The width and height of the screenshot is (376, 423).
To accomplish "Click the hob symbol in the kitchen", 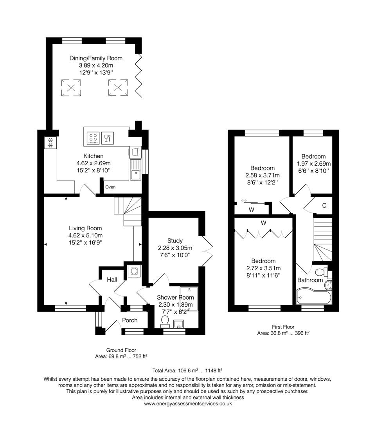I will click(93, 137).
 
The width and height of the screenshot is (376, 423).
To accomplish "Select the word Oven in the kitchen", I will click(110, 187).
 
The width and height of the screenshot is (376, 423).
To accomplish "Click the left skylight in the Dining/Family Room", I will click(71, 87).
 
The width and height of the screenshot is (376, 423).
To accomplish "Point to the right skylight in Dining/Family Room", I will click(118, 87).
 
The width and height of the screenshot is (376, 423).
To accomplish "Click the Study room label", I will click(175, 240).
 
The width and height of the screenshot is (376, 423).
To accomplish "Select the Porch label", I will click(130, 320).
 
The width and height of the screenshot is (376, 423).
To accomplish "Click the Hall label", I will click(112, 280).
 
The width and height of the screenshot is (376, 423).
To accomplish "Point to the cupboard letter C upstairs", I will click(324, 206).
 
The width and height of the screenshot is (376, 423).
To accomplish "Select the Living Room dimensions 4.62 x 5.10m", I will click(85, 235).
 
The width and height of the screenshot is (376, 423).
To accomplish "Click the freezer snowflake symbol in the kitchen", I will click(50, 143).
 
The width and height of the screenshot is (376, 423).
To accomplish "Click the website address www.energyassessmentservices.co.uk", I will click(188, 403).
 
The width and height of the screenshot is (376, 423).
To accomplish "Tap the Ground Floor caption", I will click(121, 350).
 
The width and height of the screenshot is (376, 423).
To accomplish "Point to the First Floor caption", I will click(283, 327).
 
